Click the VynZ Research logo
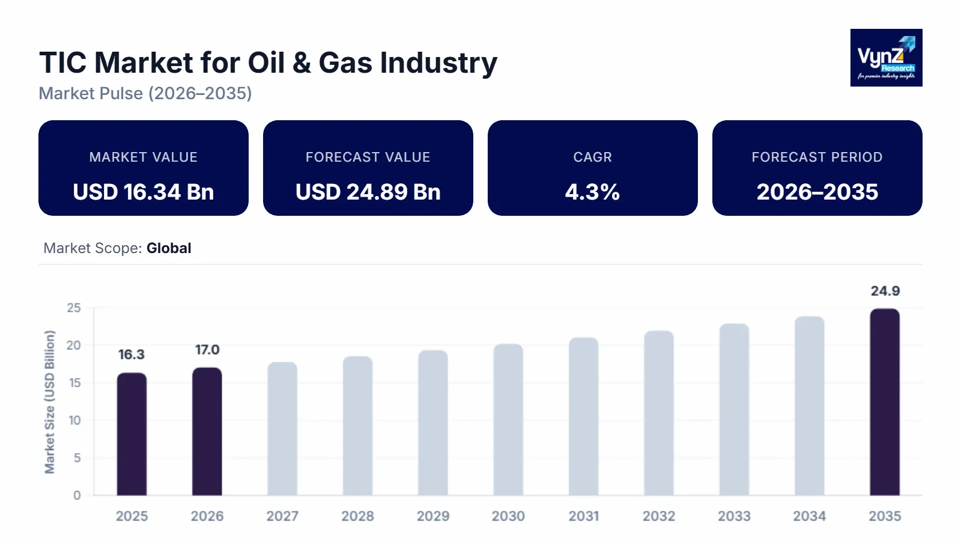click(886, 58)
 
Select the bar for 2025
click(132, 434)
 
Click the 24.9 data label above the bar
click(885, 291)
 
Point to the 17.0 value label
click(207, 350)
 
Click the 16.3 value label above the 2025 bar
click(132, 355)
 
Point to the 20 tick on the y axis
click(73, 346)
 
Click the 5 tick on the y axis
click(77, 458)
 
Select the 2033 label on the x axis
click(734, 516)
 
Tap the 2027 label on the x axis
click(282, 516)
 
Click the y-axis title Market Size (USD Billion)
click(50, 402)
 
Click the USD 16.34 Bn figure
click(144, 192)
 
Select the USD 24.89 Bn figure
click(368, 192)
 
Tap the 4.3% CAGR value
click(592, 192)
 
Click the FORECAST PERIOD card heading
click(817, 157)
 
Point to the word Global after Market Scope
click(169, 248)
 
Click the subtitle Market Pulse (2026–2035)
click(145, 94)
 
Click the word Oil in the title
click(266, 63)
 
